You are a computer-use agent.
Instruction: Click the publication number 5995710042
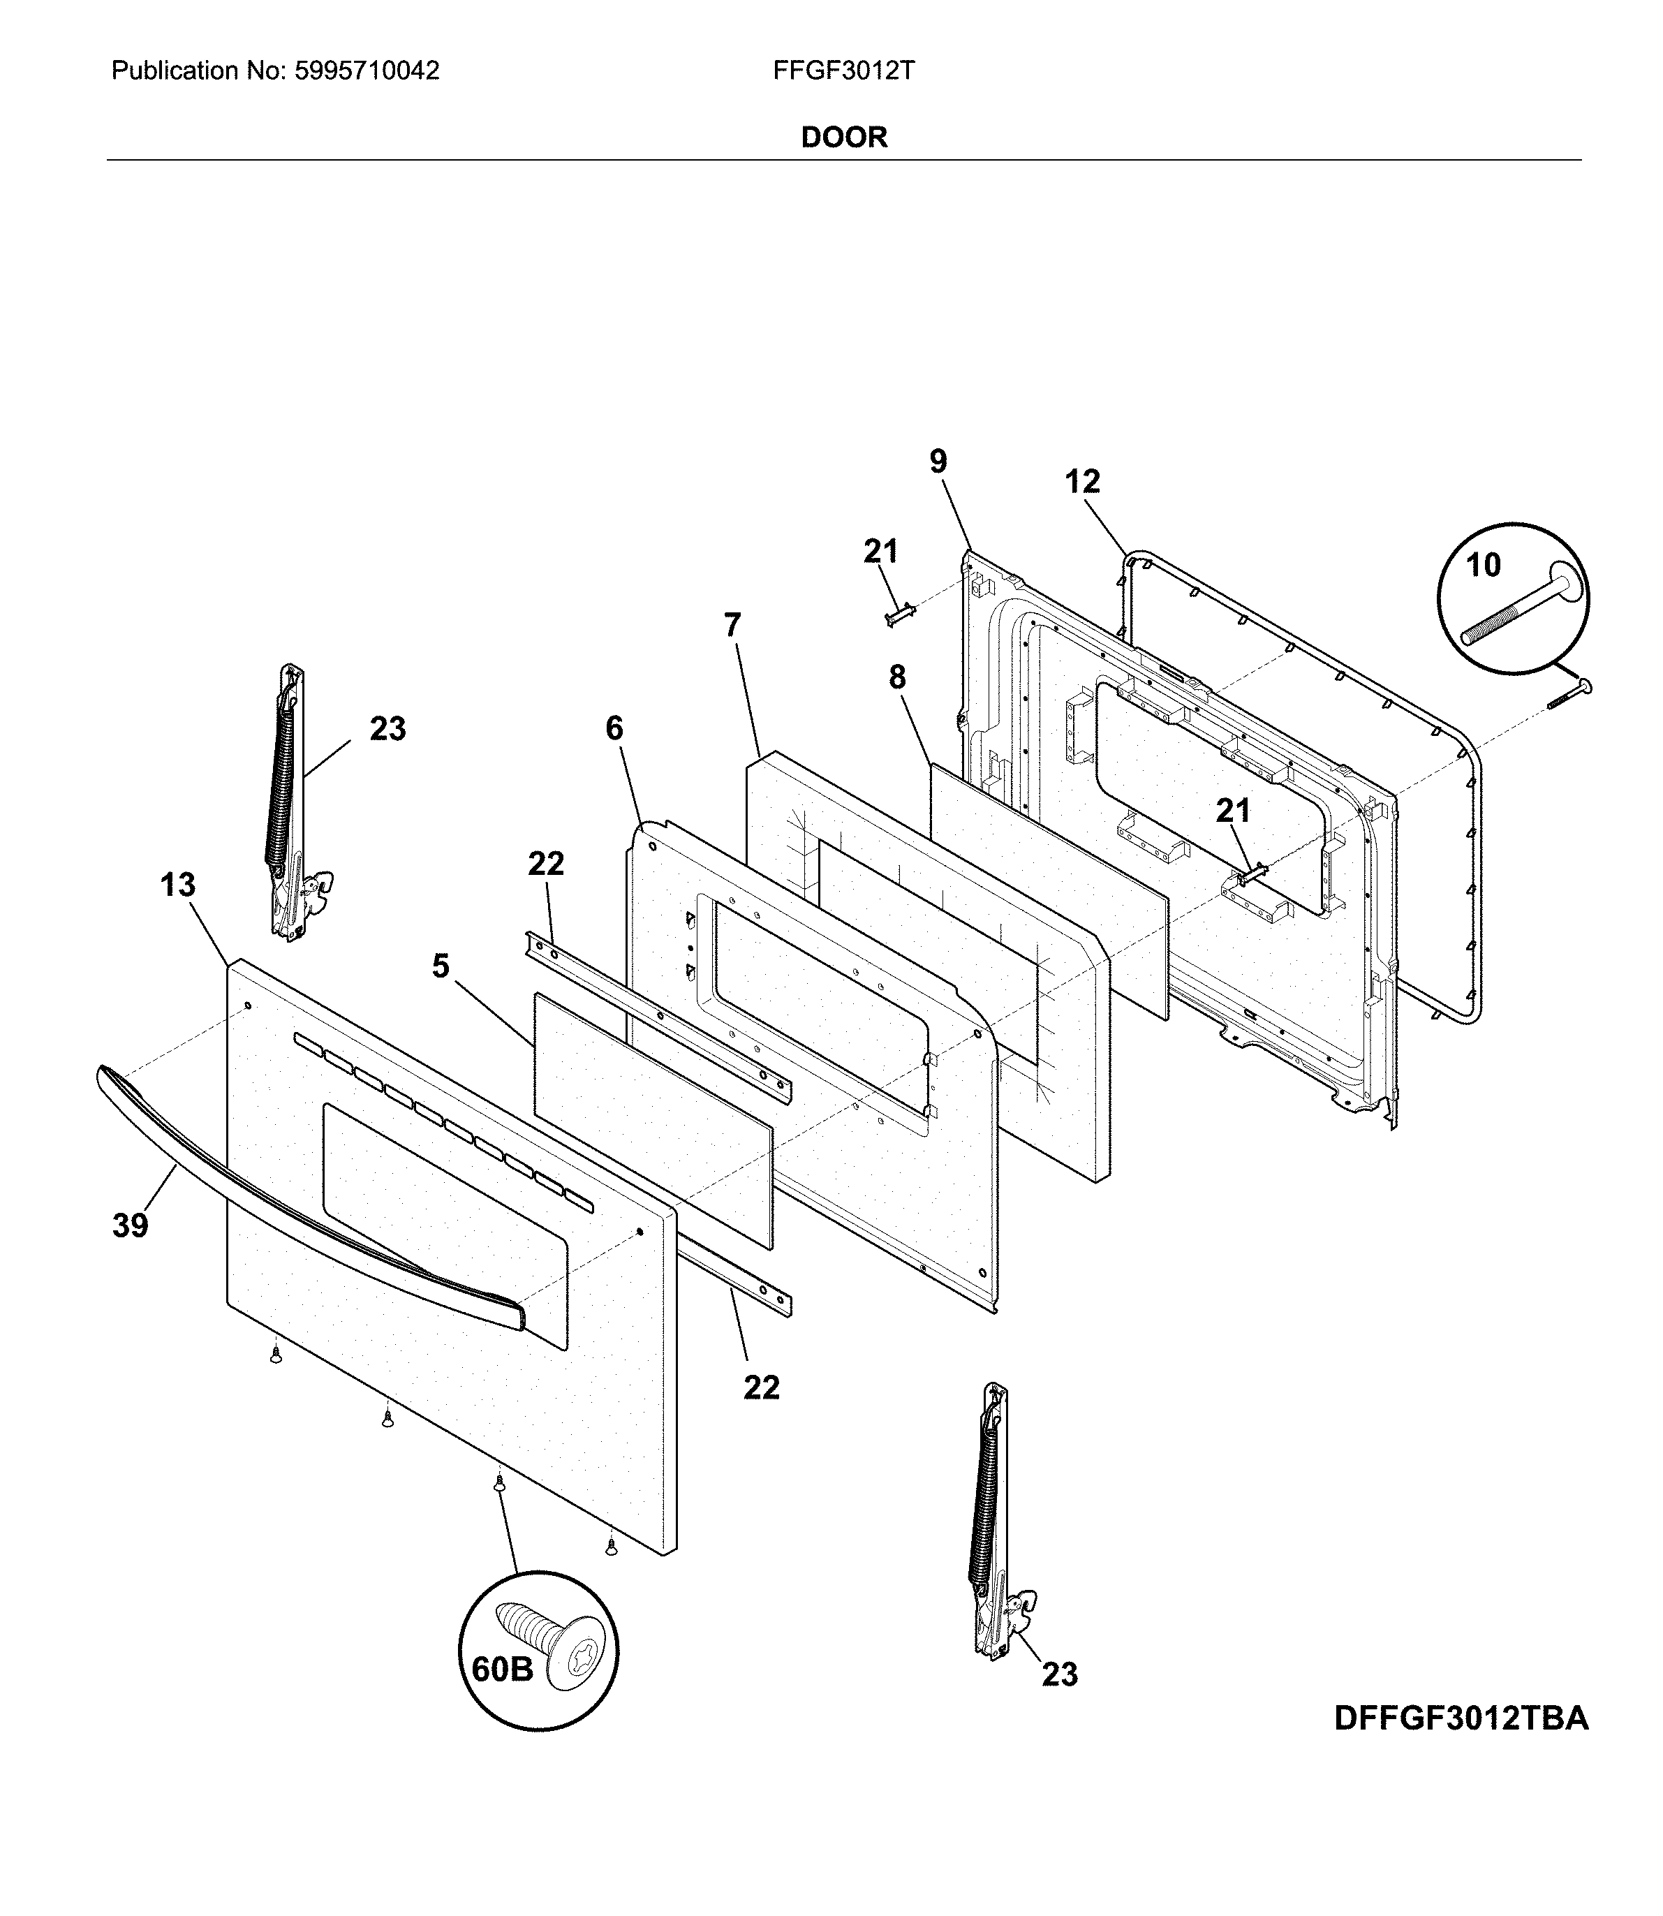pos(367,71)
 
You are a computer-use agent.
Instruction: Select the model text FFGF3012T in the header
pos(843,71)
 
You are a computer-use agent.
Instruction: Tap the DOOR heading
pos(843,138)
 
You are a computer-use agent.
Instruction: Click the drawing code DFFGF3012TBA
pos(1461,1718)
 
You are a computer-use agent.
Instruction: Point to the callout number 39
pos(130,1226)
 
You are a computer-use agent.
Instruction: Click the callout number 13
pos(177,885)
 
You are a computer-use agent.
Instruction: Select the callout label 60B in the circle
pos(502,1669)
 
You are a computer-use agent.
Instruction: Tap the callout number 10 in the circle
pos(1483,564)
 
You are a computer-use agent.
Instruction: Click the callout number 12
pos(1082,481)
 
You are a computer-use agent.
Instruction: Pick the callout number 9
pos(938,462)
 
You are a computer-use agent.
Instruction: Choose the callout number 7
pos(732,626)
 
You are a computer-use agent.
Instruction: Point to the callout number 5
pos(440,966)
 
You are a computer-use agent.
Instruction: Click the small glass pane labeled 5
pos(652,1119)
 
